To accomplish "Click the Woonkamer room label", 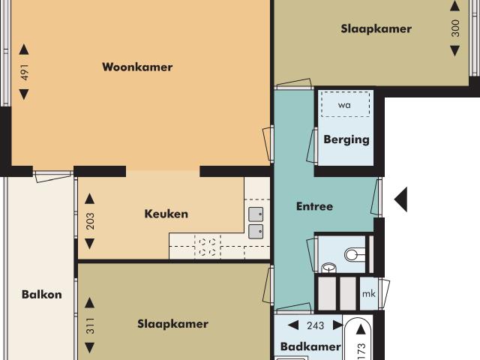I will tap(137, 67).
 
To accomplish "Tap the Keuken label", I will tap(166, 214).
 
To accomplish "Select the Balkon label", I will tap(41, 295).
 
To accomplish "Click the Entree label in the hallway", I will tap(314, 206).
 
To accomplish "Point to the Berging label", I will tap(346, 139).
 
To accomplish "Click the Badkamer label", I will tap(310, 346).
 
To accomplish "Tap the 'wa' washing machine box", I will tap(345, 105).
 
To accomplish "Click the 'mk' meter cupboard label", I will tap(368, 294).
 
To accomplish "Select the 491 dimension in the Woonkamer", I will tap(25, 73).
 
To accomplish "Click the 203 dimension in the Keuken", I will tap(90, 222).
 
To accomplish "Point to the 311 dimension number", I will tap(90, 325).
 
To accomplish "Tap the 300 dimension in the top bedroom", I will tap(454, 28).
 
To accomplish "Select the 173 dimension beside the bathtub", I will tap(380, 349).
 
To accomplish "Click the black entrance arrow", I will tap(401, 199).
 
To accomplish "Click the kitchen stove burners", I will tap(206, 247).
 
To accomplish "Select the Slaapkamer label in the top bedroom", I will tap(376, 29).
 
